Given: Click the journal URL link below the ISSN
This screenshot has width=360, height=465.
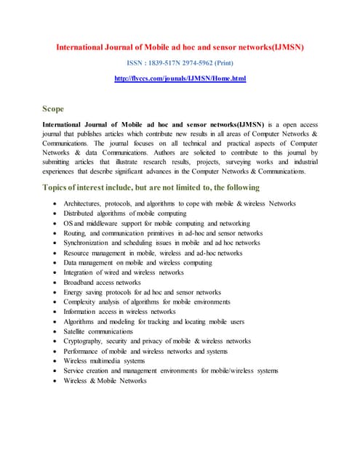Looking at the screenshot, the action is [x=180, y=78].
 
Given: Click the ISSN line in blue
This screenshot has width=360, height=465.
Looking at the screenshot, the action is [x=180, y=62].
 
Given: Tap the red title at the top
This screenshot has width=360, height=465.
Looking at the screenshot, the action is [x=180, y=47].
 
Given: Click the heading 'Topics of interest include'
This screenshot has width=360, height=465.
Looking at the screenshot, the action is [x=151, y=187].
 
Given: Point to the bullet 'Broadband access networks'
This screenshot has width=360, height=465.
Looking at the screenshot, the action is [x=102, y=282].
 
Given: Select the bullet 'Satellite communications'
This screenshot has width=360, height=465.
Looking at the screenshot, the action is [x=98, y=331].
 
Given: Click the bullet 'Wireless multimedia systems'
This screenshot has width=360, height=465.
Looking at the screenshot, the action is [x=104, y=360].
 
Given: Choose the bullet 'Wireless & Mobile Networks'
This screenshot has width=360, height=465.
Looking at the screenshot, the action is [x=105, y=380].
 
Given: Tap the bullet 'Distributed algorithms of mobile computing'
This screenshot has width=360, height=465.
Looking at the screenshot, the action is [x=125, y=214].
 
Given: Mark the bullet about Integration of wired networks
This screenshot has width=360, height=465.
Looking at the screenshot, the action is [x=124, y=272].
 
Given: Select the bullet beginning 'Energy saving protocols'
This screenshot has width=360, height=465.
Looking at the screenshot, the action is [x=142, y=292].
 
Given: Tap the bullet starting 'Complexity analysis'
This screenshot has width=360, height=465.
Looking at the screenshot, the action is [x=147, y=302].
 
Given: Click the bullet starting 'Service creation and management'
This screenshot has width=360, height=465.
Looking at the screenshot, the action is [x=171, y=371].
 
